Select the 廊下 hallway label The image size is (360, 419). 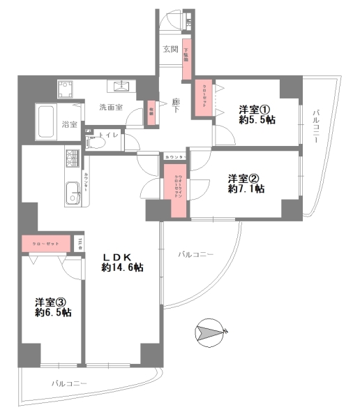point(177,107)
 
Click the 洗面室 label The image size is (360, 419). point(110,108)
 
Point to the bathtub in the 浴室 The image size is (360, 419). point(47,122)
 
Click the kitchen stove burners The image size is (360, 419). point(73,159)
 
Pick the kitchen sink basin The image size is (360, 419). point(72,192)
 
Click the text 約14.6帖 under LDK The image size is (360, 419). point(122,267)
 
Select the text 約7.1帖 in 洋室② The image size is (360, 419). point(244,189)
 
